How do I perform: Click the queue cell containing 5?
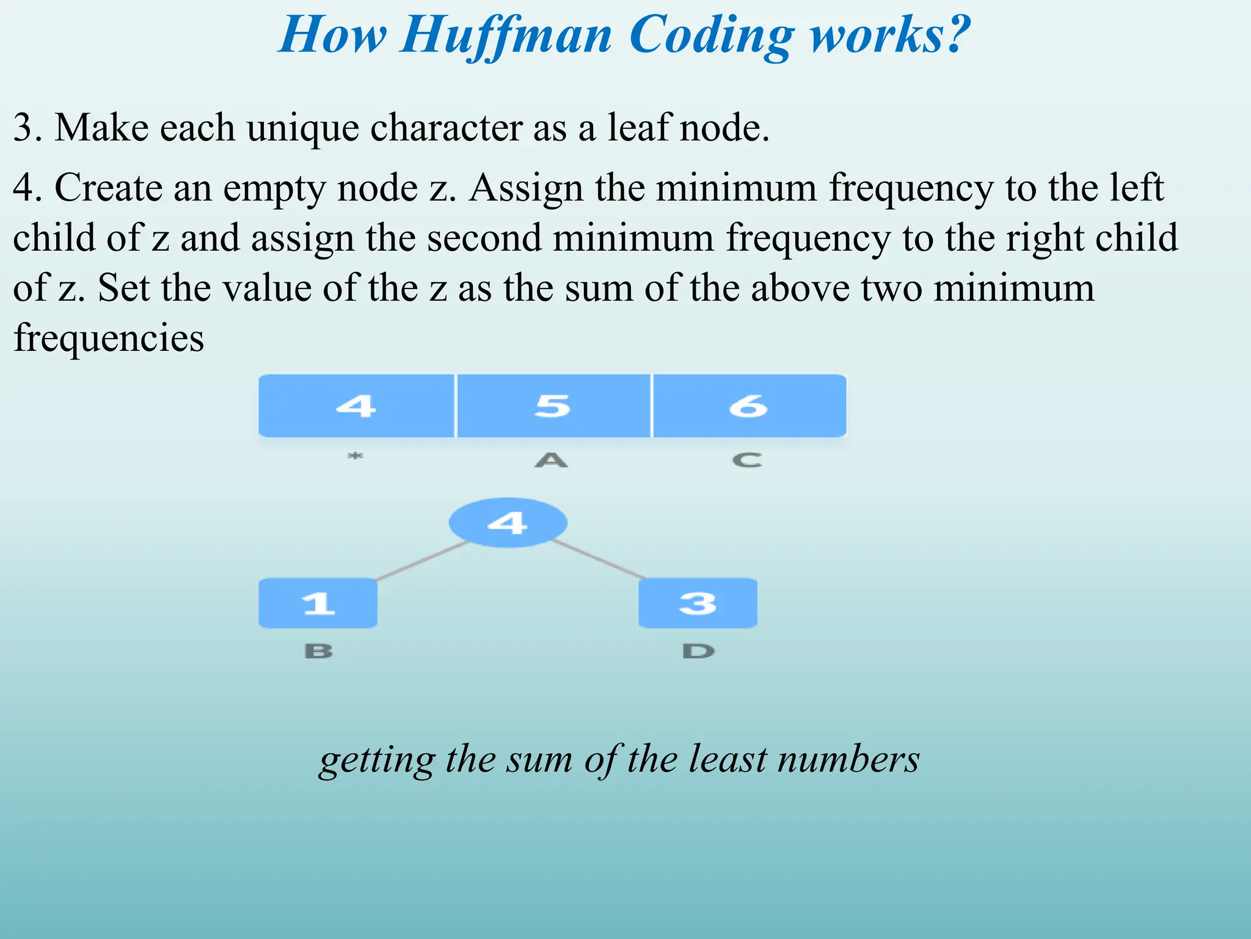pyautogui.click(x=553, y=406)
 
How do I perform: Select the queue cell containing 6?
pyautogui.click(x=749, y=406)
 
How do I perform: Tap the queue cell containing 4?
pyautogui.click(x=356, y=406)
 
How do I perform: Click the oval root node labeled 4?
pyautogui.click(x=508, y=523)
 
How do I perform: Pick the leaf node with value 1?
pyautogui.click(x=318, y=603)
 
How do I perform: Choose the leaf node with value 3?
pyautogui.click(x=698, y=603)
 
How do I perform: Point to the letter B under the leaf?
pyautogui.click(x=318, y=651)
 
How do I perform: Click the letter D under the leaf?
pyautogui.click(x=698, y=651)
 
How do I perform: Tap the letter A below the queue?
pyautogui.click(x=552, y=460)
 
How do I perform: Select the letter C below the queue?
pyautogui.click(x=748, y=460)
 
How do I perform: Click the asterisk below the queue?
pyautogui.click(x=356, y=456)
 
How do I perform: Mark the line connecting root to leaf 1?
pyautogui.click(x=421, y=561)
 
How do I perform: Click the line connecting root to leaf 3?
pyautogui.click(x=599, y=560)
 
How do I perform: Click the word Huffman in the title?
pyautogui.click(x=506, y=35)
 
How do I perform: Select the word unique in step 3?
pyautogui.click(x=302, y=128)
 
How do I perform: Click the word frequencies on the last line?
pyautogui.click(x=109, y=338)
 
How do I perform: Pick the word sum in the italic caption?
pyautogui.click(x=540, y=760)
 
